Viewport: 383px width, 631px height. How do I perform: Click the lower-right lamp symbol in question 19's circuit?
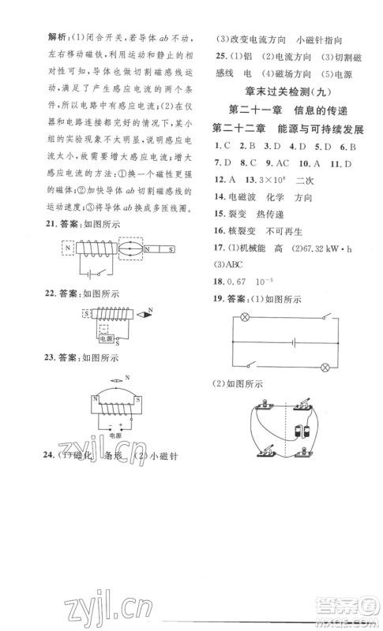[x=325, y=365]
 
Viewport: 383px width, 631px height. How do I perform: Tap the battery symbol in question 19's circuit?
[x=293, y=341]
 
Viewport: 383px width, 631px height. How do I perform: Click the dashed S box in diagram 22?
[x=85, y=314]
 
